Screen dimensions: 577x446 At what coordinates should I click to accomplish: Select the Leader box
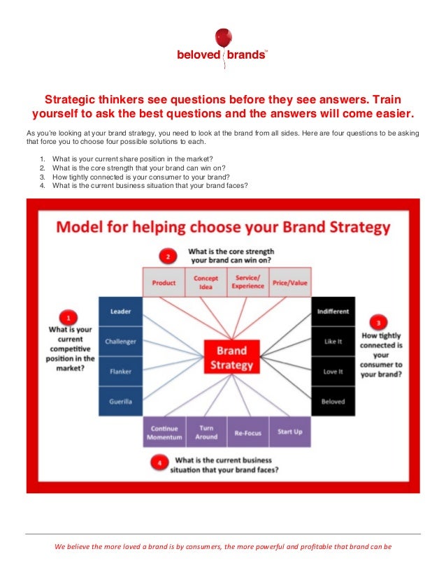(x=121, y=312)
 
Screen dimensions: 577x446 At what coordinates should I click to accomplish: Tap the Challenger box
(x=121, y=342)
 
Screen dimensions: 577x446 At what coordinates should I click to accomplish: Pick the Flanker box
(x=121, y=372)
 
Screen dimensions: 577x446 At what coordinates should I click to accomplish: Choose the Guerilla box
(x=121, y=402)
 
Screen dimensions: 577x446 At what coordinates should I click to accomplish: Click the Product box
(x=164, y=283)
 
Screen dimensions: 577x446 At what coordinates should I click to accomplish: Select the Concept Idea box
(x=206, y=282)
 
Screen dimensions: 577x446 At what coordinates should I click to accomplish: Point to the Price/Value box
(x=289, y=283)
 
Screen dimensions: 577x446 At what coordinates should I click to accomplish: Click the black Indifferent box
(x=333, y=312)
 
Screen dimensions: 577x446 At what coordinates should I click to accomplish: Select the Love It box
(x=333, y=372)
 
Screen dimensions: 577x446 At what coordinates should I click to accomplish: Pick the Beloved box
(x=333, y=402)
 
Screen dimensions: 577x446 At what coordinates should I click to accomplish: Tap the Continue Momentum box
(x=164, y=432)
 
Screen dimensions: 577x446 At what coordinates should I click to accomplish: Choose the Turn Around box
(x=206, y=432)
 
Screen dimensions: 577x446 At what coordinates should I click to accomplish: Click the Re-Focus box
(x=248, y=432)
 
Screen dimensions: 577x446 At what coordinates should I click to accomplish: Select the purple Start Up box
(x=289, y=432)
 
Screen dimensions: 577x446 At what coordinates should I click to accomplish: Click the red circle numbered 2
(x=167, y=256)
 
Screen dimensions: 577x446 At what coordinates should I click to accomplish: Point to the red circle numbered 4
(x=160, y=462)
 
